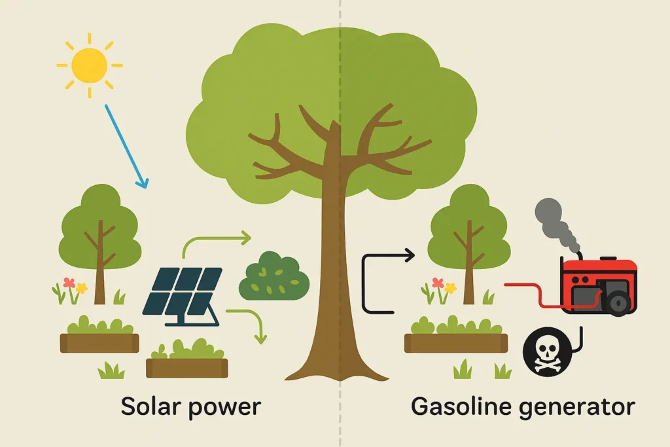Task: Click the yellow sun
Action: click(89, 65)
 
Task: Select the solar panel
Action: click(183, 294)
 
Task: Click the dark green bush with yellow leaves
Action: click(273, 277)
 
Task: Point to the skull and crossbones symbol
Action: click(544, 351)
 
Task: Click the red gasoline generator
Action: click(598, 284)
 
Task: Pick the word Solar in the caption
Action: click(149, 406)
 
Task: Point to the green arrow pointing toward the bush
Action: click(216, 241)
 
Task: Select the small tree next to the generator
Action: click(468, 236)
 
